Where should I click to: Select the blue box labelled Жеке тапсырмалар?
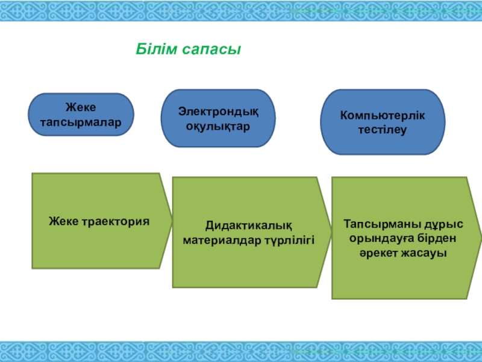coord(81,114)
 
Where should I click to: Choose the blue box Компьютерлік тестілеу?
coord(383,122)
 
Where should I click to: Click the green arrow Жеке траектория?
coord(98,221)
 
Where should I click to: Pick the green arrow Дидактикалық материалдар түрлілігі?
coord(249,232)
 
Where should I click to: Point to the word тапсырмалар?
coord(81,121)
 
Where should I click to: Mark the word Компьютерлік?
coord(383,115)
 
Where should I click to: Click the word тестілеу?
coord(383,130)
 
